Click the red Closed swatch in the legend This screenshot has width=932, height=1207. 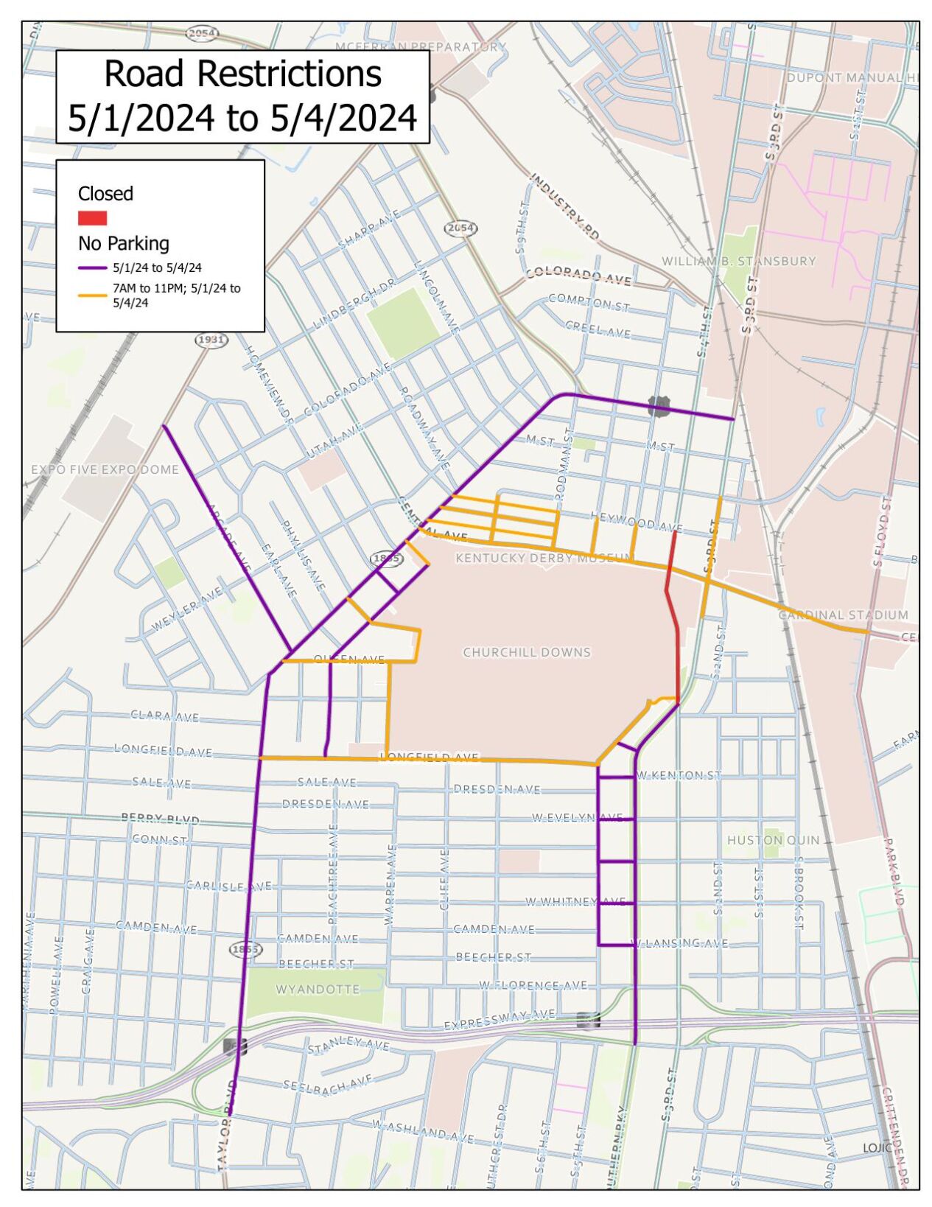pyautogui.click(x=92, y=217)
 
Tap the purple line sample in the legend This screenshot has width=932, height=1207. pyautogui.click(x=92, y=268)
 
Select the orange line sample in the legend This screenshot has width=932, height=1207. pyautogui.click(x=92, y=295)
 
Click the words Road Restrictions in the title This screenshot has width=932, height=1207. pyautogui.click(x=242, y=74)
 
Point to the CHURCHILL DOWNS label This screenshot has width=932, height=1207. pyautogui.click(x=526, y=652)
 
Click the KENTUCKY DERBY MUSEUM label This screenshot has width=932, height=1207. pyautogui.click(x=544, y=558)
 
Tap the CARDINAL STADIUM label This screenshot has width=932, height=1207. pyautogui.click(x=843, y=615)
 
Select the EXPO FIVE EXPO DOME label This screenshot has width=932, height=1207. pyautogui.click(x=105, y=469)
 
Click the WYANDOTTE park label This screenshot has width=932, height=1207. pyautogui.click(x=318, y=989)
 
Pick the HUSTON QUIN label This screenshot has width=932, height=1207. pyautogui.click(x=773, y=840)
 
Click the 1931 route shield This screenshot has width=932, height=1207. pyautogui.click(x=211, y=340)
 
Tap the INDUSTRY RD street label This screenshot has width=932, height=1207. pyautogui.click(x=564, y=206)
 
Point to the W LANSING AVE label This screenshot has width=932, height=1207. pyautogui.click(x=682, y=943)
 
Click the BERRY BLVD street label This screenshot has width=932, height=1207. pyautogui.click(x=160, y=818)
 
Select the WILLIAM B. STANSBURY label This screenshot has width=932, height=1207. pyautogui.click(x=738, y=261)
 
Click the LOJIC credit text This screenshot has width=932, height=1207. pyautogui.click(x=877, y=1148)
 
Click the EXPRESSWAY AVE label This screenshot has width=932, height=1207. pyautogui.click(x=499, y=1020)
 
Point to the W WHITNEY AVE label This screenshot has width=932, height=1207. pyautogui.click(x=575, y=901)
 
